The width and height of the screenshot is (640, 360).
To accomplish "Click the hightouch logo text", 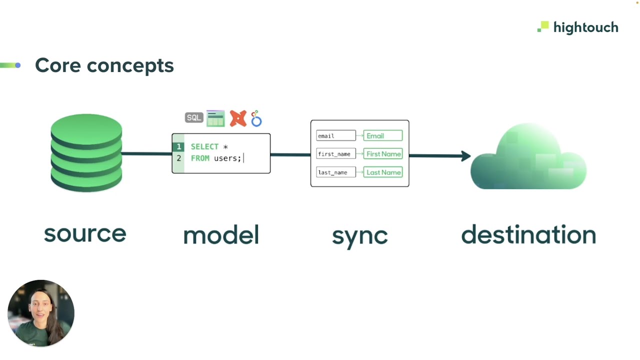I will [585, 27].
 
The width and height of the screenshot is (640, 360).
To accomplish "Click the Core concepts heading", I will [104, 65].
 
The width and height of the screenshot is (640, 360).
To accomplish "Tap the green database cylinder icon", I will [86, 152].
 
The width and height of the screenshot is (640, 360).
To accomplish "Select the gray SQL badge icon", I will [193, 118].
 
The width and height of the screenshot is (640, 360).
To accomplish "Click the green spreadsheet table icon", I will [215, 118].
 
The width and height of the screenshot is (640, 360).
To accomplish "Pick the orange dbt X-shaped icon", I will [238, 118].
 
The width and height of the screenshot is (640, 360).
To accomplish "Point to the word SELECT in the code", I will [204, 146].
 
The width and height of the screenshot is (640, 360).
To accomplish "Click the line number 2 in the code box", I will [178, 158].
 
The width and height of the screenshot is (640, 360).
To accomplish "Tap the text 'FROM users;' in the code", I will [216, 158].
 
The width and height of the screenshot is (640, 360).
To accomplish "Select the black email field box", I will [335, 135].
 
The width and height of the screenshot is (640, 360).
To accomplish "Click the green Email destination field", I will [382, 135].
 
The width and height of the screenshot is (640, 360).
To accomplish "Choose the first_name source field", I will [335, 154].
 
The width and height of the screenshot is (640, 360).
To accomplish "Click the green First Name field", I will [383, 154].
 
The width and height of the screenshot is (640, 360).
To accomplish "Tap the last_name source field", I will [335, 172].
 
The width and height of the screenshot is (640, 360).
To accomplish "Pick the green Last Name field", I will [383, 172].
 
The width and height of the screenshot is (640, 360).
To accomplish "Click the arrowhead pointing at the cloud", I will [465, 156].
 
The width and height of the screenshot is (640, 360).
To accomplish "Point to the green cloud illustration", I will [528, 157].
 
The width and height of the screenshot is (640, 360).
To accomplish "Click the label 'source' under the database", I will [85, 234].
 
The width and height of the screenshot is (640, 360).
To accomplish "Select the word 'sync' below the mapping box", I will [359, 236].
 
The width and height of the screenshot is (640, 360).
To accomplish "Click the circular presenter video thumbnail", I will [41, 313].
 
